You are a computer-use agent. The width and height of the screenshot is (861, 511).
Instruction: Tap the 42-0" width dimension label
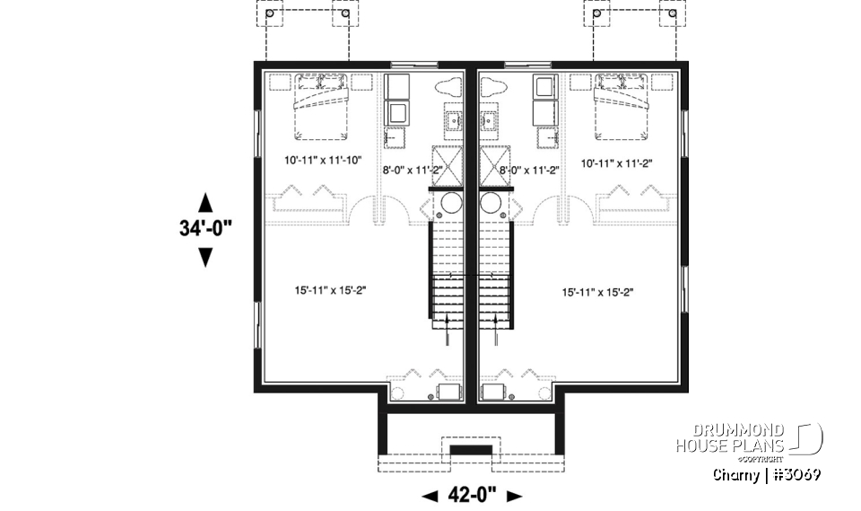pyautogui.click(x=471, y=495)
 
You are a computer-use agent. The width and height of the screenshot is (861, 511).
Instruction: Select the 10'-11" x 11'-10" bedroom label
pyautogui.click(x=318, y=162)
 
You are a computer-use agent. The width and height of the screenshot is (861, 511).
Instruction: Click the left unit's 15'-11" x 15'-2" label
pyautogui.click(x=331, y=290)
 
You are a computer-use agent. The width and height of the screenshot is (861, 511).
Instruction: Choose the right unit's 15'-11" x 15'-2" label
pyautogui.click(x=600, y=292)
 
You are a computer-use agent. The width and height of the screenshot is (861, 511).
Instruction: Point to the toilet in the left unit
pyautogui.click(x=449, y=89)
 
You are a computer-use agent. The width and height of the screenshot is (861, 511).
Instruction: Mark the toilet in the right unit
pyautogui.click(x=491, y=89)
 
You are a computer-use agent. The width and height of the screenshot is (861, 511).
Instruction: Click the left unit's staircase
pyautogui.click(x=447, y=269)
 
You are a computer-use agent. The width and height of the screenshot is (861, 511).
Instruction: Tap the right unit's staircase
pyautogui.click(x=495, y=269)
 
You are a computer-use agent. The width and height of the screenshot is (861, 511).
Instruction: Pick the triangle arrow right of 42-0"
pyautogui.click(x=514, y=495)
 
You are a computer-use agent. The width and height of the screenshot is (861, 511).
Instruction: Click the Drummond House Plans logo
pyautogui.click(x=750, y=439)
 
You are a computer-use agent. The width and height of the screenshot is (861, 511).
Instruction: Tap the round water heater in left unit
pyautogui.click(x=445, y=205)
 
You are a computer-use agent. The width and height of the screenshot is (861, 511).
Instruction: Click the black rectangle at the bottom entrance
pyautogui.click(x=471, y=449)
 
